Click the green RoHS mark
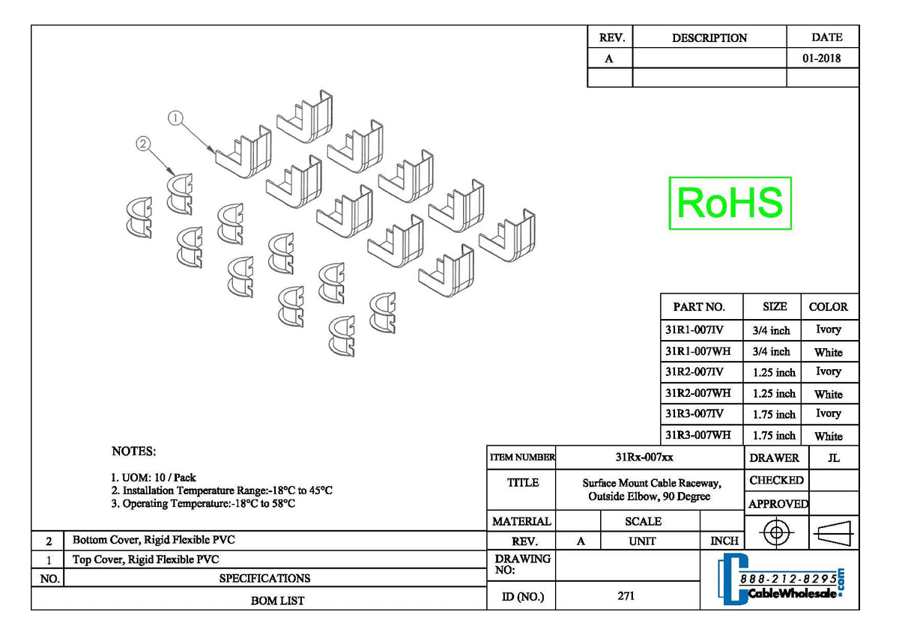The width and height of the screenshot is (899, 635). [x=730, y=203]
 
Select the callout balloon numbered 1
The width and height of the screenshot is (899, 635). [x=175, y=118]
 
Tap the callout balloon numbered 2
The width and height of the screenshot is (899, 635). [x=143, y=145]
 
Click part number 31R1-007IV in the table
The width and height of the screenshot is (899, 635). [x=694, y=329]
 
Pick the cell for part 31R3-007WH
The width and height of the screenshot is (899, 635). [x=697, y=434]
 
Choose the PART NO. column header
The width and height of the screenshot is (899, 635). [x=699, y=306]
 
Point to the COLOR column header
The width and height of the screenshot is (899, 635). [x=828, y=306]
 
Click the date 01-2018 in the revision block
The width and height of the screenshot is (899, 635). [x=821, y=58]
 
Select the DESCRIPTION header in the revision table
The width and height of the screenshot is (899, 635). [x=709, y=37]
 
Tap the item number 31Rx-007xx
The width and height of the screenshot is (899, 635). [x=649, y=457]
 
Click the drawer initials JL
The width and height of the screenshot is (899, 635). [x=834, y=457]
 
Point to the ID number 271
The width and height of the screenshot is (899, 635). [x=626, y=596]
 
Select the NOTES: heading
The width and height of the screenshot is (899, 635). [x=133, y=451]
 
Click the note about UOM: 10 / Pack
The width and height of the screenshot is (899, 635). [x=154, y=477]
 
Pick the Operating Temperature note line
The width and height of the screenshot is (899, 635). [x=203, y=503]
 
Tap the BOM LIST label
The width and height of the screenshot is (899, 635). [x=277, y=600]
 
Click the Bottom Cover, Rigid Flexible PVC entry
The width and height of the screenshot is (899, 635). [x=158, y=539]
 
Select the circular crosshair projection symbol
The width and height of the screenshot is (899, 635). [x=776, y=533]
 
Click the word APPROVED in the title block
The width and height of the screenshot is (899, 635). [x=778, y=504]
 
